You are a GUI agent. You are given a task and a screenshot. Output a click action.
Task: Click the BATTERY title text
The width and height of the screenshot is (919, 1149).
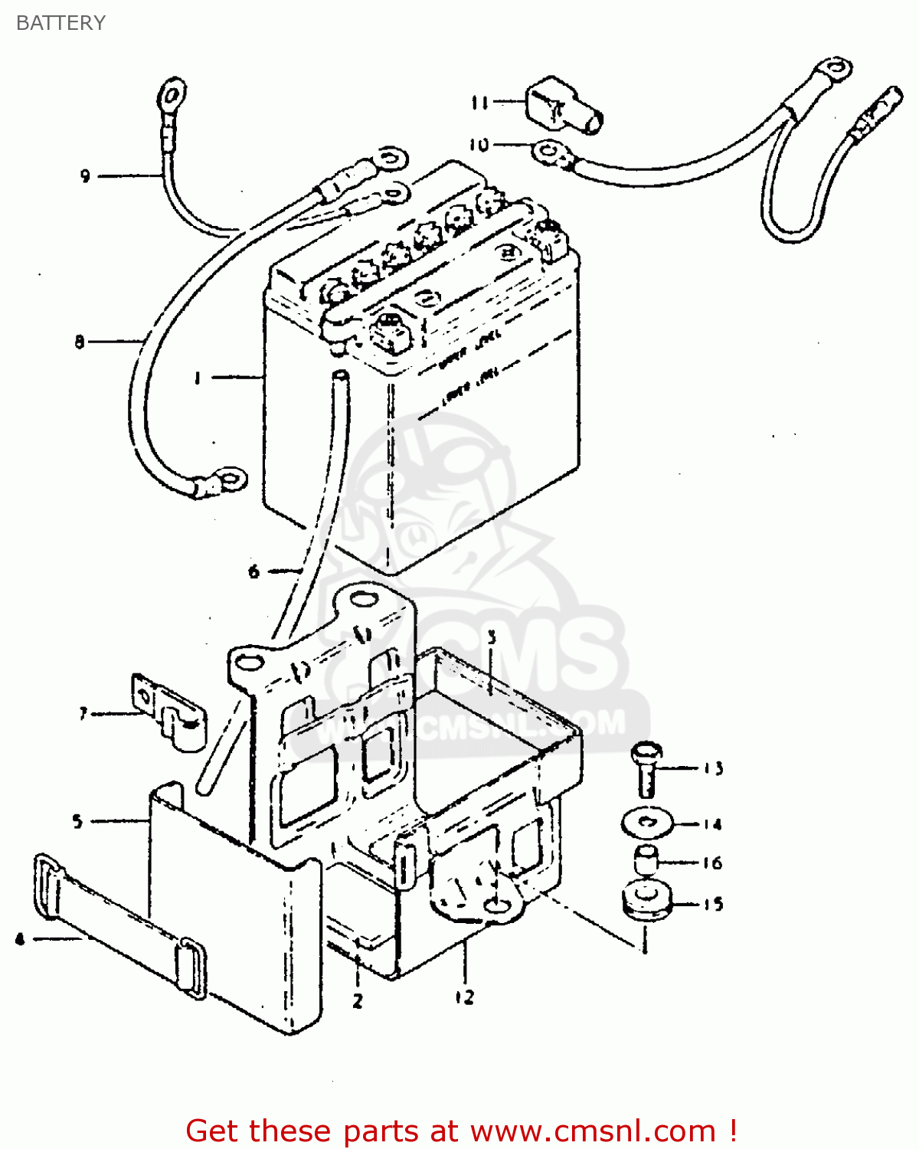61,23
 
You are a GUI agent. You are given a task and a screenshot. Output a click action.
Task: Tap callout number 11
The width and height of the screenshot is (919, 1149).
480,102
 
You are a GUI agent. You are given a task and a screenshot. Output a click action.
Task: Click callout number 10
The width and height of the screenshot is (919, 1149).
479,145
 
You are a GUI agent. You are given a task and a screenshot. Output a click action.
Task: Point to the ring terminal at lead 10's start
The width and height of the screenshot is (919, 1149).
551,152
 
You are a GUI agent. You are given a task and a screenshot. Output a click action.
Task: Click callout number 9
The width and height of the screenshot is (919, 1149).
85,176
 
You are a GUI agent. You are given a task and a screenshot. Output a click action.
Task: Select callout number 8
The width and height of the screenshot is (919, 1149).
80,342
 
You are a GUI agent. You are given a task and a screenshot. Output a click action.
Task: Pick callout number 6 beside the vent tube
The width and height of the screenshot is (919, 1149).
253,571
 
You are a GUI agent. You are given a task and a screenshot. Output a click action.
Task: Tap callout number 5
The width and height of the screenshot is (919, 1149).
77,821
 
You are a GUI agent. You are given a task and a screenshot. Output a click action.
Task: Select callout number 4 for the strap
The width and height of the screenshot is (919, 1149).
19,938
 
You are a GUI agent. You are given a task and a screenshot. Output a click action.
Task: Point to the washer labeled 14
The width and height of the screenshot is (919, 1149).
647,824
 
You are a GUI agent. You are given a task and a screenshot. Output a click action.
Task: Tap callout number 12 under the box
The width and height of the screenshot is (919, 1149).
464,997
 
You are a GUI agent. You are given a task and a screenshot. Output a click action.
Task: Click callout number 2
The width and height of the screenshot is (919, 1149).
358,1000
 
